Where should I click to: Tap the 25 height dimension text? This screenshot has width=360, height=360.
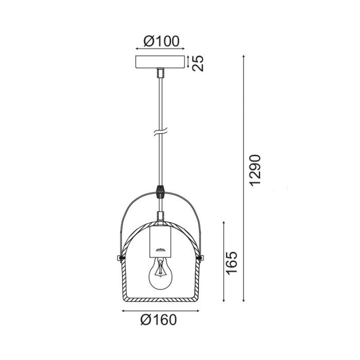(x=198, y=63)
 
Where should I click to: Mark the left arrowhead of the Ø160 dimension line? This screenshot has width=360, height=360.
(x=123, y=311)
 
